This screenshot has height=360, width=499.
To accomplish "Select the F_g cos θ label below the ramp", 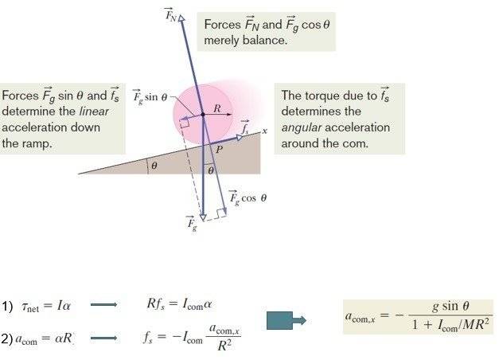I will pyautogui.click(x=246, y=196).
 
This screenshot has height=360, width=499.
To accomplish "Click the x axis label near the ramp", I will pyautogui.click(x=264, y=128).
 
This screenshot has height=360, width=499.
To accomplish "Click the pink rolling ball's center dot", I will pyautogui.click(x=202, y=115).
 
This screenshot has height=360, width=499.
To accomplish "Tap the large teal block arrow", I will pyautogui.click(x=289, y=319).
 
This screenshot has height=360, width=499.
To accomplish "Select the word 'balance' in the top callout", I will pyautogui.click(x=262, y=39).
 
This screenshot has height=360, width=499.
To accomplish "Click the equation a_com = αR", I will pyautogui.click(x=42, y=339).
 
